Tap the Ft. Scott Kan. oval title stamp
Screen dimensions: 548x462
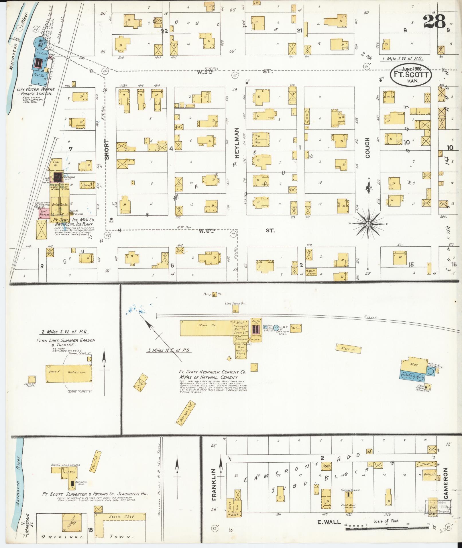click(411, 75)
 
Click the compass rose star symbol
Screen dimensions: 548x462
click(369, 223)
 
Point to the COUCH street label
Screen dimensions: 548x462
click(368, 148)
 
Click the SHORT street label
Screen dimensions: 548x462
click(107, 150)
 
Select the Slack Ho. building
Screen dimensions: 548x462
click(348, 349)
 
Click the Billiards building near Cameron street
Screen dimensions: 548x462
click(430, 474)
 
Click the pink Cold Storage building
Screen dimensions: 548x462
click(45, 213)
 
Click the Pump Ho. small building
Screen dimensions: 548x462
click(214, 294)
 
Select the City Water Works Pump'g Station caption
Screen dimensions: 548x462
click(36, 92)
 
